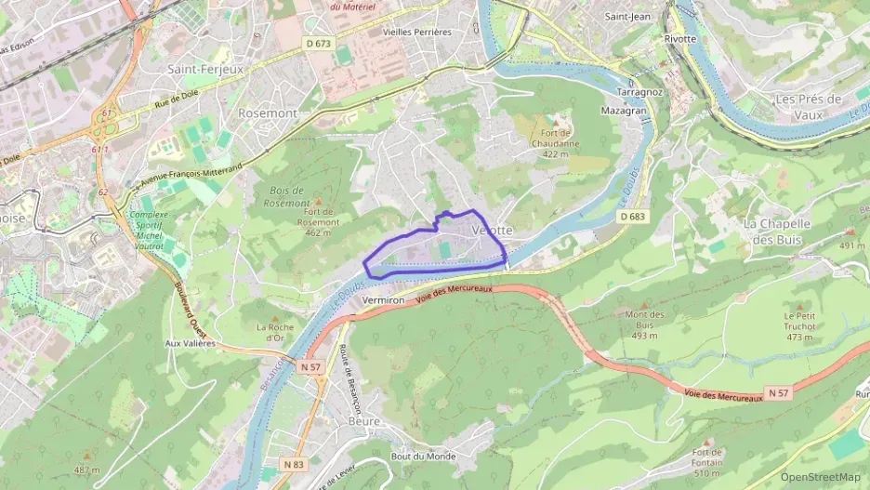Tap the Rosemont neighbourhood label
[x=268, y=113]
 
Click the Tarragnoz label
[x=639, y=93]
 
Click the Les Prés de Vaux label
[x=808, y=107]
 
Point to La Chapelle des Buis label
[x=777, y=232]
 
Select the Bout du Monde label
[x=423, y=456]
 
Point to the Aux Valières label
[x=190, y=343]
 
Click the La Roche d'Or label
[x=275, y=332]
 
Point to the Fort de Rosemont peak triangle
[x=318, y=201]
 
